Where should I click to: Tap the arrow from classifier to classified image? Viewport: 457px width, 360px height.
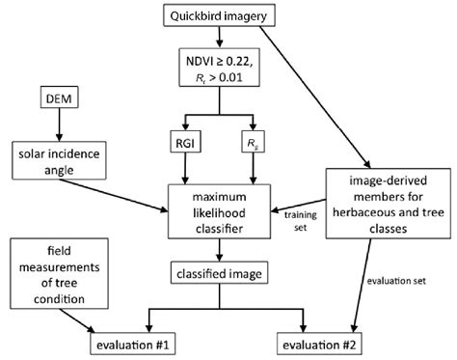pyautogui.click(x=222, y=250)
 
